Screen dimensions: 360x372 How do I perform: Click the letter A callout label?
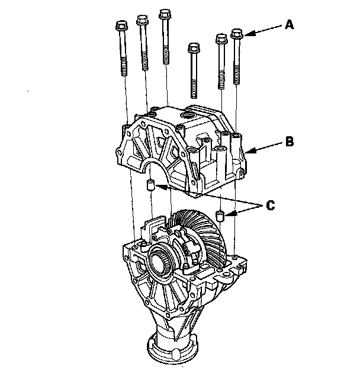(290, 25)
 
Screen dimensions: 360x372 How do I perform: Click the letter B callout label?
(290, 142)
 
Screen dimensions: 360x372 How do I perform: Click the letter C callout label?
(271, 205)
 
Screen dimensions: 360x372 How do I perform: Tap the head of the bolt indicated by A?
(237, 34)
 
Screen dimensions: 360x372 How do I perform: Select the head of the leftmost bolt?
(122, 25)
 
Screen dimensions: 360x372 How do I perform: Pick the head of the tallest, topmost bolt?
(165, 14)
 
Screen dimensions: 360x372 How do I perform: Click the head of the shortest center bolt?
(194, 48)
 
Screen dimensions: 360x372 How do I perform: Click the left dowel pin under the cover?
(150, 185)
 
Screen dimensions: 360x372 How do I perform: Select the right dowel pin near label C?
(220, 216)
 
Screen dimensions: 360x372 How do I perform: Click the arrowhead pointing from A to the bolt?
(250, 33)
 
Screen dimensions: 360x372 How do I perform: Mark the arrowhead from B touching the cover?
(250, 150)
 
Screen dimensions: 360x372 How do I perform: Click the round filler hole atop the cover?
(187, 116)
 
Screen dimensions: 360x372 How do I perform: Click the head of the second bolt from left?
(142, 20)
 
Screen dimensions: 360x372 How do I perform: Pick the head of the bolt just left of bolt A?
(221, 39)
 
